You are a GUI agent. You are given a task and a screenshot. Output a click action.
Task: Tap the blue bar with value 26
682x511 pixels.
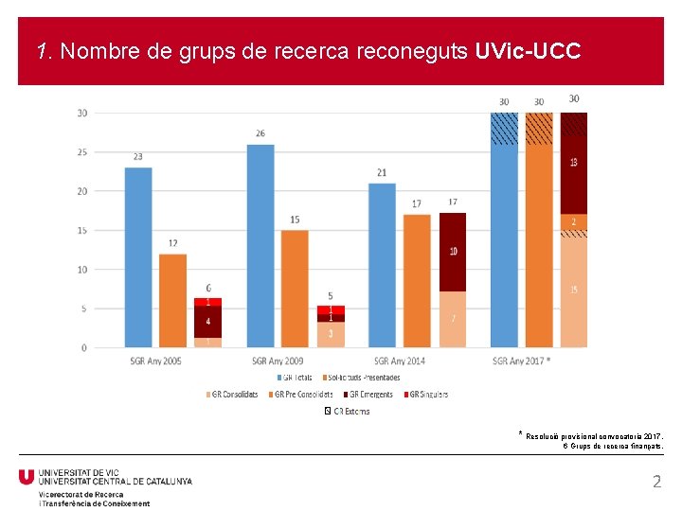coord(260,246)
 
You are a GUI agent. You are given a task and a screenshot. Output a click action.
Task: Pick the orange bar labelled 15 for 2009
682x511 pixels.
coord(295,289)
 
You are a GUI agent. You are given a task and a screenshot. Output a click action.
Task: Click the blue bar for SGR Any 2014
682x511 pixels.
coord(382,265)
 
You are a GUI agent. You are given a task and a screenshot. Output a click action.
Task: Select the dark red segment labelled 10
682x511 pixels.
coord(453,252)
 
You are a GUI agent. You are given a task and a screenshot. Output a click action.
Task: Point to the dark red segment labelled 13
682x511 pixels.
coord(574,163)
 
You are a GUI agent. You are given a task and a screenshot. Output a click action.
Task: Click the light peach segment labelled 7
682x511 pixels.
coord(453,320)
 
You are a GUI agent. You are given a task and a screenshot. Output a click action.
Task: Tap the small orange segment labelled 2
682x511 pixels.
coord(574,221)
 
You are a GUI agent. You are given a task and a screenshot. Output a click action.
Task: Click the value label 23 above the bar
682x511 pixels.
coord(138,157)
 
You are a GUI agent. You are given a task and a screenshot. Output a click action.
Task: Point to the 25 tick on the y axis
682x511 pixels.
coord(82,152)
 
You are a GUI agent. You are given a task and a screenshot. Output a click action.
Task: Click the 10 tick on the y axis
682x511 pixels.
coord(82,270)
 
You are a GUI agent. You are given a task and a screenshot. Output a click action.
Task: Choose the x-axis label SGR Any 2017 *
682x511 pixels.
coord(522,361)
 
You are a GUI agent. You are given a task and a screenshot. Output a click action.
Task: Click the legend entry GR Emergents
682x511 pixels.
coord(368,395)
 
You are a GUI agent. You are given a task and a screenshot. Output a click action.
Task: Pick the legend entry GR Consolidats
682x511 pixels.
coord(234,395)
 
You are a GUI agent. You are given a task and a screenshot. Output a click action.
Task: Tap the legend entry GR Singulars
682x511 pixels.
coord(428,395)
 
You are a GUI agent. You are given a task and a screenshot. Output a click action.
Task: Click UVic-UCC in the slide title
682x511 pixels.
coord(528,51)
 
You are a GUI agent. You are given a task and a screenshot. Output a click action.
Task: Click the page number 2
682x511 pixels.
coord(656,482)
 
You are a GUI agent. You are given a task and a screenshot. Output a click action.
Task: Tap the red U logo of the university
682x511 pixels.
coord(27,477)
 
